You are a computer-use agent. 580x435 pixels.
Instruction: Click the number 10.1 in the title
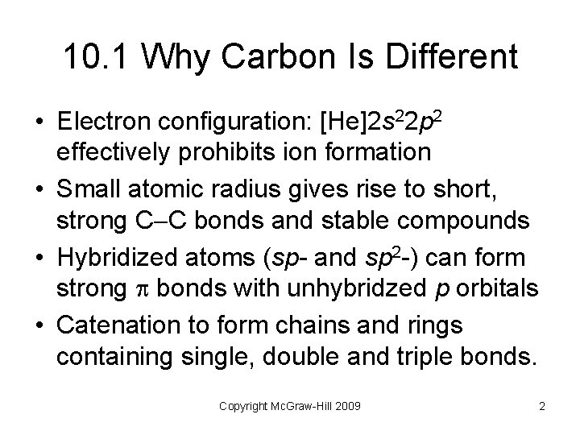96,58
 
